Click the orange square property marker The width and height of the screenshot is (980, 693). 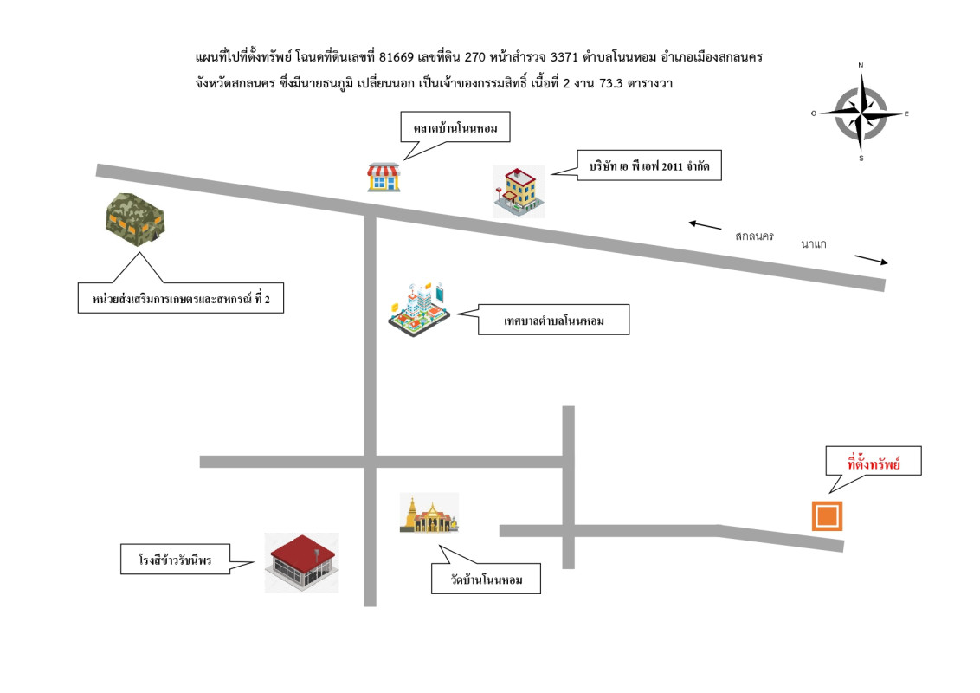click(827, 516)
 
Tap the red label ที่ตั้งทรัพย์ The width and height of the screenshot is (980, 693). click(874, 464)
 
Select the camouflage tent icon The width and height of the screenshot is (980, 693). click(135, 219)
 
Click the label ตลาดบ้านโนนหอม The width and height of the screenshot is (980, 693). click(455, 128)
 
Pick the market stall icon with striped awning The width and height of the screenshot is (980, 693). click(384, 178)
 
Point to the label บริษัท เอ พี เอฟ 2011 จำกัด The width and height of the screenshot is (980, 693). click(649, 165)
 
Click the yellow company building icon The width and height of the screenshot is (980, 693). click(519, 191)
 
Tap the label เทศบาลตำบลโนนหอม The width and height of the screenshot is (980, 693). click(554, 321)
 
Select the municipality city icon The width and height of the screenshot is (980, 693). click(419, 309)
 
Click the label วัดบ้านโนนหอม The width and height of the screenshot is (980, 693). click(487, 580)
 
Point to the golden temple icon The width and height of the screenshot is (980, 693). click(429, 513)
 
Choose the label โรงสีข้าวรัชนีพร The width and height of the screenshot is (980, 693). click(175, 560)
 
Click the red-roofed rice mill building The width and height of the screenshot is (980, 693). click(302, 563)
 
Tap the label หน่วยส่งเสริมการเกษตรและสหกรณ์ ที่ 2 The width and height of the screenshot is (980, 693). click(181, 299)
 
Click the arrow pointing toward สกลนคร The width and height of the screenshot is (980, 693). click(705, 225)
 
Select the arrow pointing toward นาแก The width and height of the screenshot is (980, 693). click(871, 260)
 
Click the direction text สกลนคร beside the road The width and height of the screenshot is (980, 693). click(754, 236)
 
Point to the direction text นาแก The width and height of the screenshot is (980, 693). click(814, 244)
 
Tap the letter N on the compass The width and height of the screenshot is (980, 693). click(861, 65)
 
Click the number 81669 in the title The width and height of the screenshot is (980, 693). click(397, 57)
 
